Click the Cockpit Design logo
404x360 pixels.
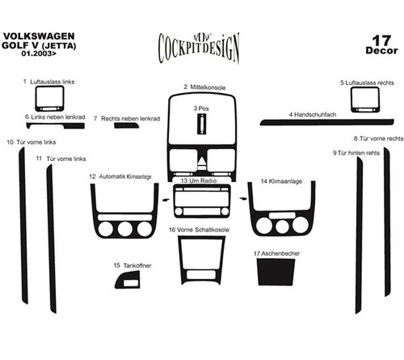[199, 48]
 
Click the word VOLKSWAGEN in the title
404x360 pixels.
[39, 36]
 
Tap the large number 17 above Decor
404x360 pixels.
[381, 40]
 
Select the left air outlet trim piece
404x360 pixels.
[49, 99]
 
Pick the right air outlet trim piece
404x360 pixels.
[365, 100]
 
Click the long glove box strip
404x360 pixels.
[326, 122]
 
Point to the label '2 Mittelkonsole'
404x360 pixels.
[204, 87]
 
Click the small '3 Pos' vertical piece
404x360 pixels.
[201, 124]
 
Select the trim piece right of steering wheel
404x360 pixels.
[126, 125]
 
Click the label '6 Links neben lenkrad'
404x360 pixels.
[55, 117]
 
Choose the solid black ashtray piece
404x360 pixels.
[276, 272]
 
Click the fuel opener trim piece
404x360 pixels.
[128, 280]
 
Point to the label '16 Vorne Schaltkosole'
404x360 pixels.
[199, 230]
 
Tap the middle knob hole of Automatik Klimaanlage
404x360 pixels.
[125, 229]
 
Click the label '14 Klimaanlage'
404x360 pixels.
[281, 181]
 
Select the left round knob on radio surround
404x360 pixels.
[179, 211]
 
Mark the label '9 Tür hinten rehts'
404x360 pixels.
[356, 153]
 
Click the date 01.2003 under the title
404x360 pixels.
[39, 53]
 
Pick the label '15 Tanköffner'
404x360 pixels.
[133, 265]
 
